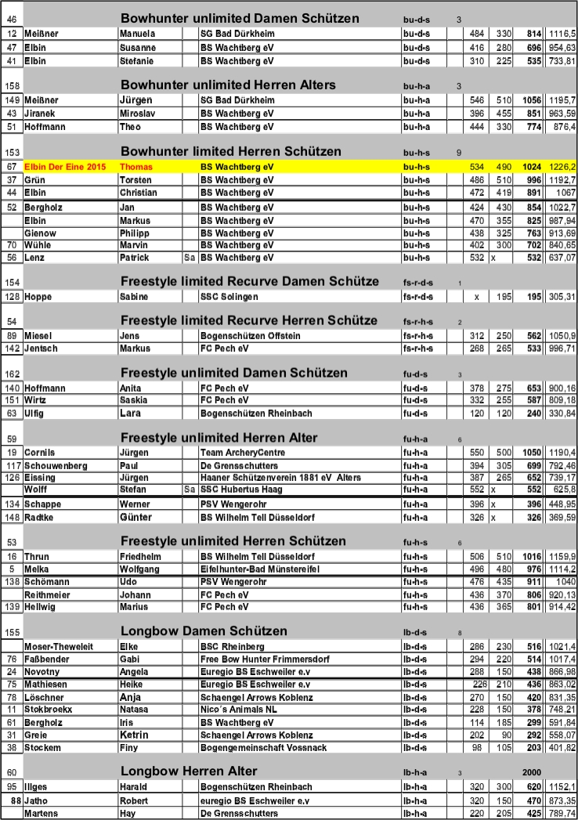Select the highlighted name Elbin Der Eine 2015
(x=64, y=167)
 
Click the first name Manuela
(x=136, y=34)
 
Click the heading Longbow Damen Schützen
(x=204, y=631)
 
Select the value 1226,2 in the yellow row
(x=562, y=167)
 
